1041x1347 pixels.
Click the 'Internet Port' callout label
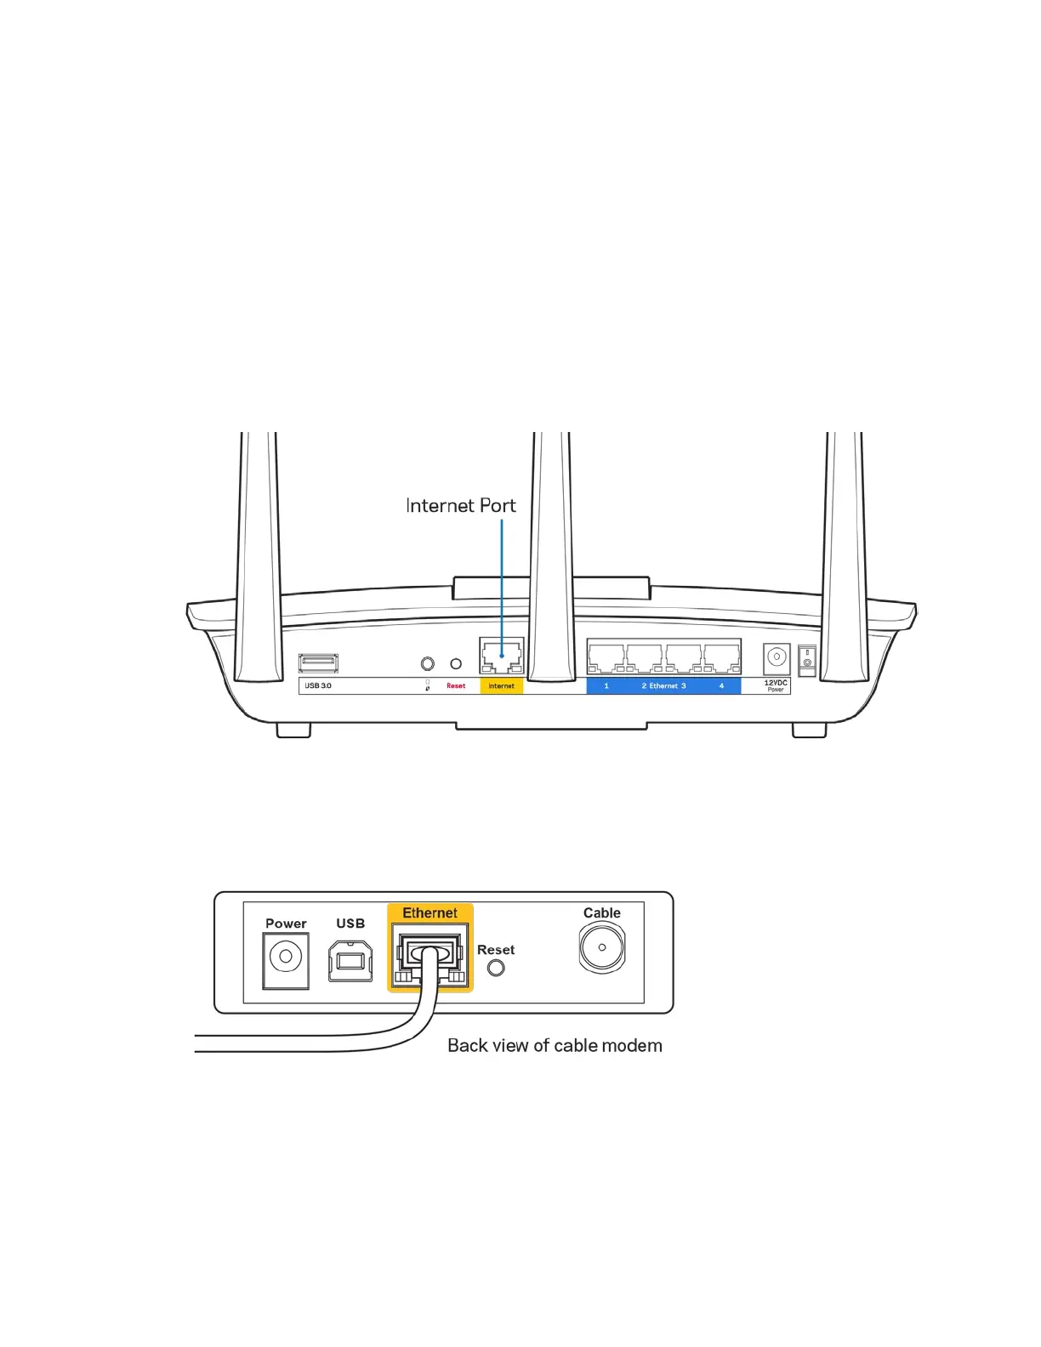[x=460, y=506]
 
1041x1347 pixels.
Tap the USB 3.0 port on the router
[x=318, y=663]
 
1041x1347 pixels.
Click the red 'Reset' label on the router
[x=456, y=686]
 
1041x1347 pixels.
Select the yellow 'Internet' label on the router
[x=501, y=686]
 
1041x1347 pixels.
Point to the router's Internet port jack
[x=501, y=656]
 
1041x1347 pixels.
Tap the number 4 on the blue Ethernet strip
[x=721, y=686]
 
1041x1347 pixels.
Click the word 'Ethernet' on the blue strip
[x=664, y=686]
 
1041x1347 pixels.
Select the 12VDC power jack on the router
[x=776, y=657]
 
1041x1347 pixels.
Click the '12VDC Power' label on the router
[x=776, y=685]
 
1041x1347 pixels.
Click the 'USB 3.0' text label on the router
[x=318, y=686]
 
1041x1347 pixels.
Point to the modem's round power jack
[x=286, y=957]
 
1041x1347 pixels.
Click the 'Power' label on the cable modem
[x=286, y=924]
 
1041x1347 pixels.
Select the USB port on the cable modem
[x=350, y=960]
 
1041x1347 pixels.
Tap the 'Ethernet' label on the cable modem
[x=429, y=913]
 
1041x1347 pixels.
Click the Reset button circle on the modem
[x=496, y=968]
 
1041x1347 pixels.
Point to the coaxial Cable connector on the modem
[x=602, y=947]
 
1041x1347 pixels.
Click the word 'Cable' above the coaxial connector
[x=602, y=913]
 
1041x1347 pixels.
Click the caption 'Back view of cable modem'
[x=555, y=1046]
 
